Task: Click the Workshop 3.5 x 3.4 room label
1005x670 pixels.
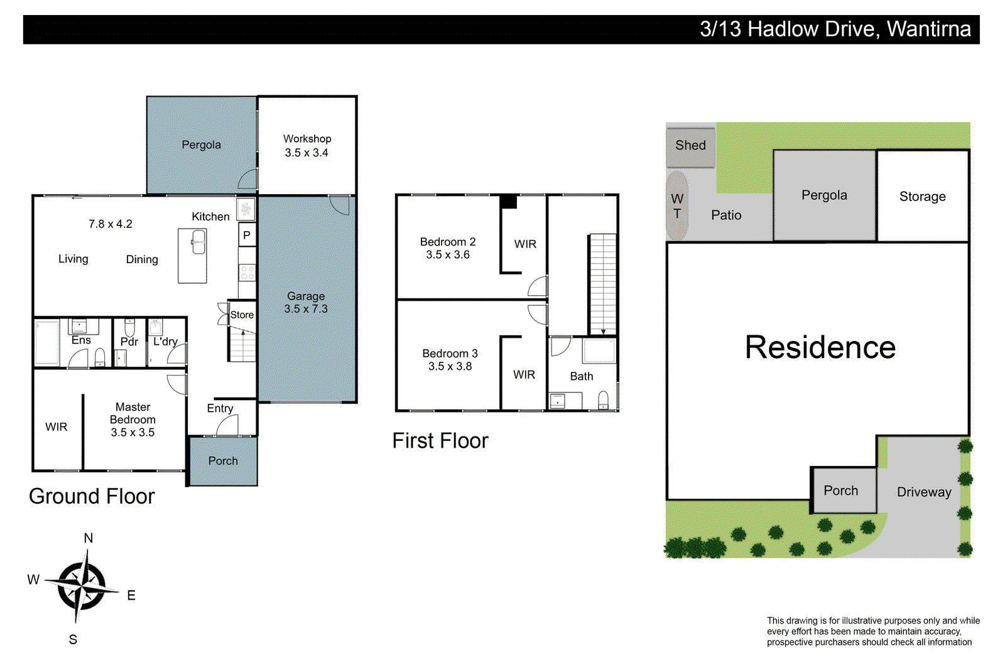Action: click(x=307, y=146)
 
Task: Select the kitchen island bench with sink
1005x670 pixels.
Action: click(x=192, y=256)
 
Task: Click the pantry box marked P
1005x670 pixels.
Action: click(x=247, y=235)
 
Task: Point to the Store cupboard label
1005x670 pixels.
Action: click(x=242, y=315)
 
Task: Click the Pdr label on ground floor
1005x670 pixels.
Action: click(x=129, y=342)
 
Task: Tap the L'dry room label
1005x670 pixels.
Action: click(x=165, y=342)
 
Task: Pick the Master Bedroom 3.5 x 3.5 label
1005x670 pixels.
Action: click(x=133, y=419)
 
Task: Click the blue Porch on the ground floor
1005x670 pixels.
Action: click(x=223, y=461)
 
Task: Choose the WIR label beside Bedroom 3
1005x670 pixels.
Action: click(x=524, y=375)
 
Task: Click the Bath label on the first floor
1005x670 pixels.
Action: click(x=581, y=376)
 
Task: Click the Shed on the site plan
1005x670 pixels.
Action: click(x=690, y=146)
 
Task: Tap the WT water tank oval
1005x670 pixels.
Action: click(x=677, y=206)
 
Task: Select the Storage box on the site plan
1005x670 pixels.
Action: click(x=922, y=197)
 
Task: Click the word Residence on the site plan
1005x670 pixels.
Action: click(x=820, y=348)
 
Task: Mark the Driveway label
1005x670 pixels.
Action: click(x=923, y=492)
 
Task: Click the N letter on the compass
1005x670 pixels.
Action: click(x=89, y=538)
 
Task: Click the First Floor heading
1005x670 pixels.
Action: click(x=440, y=441)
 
